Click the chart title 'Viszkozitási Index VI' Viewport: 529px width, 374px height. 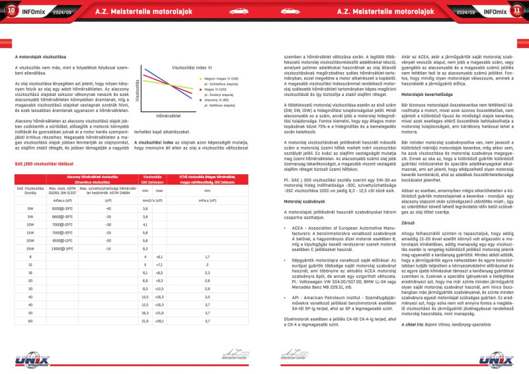[192, 68]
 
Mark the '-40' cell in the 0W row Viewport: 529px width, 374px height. [108, 189]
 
